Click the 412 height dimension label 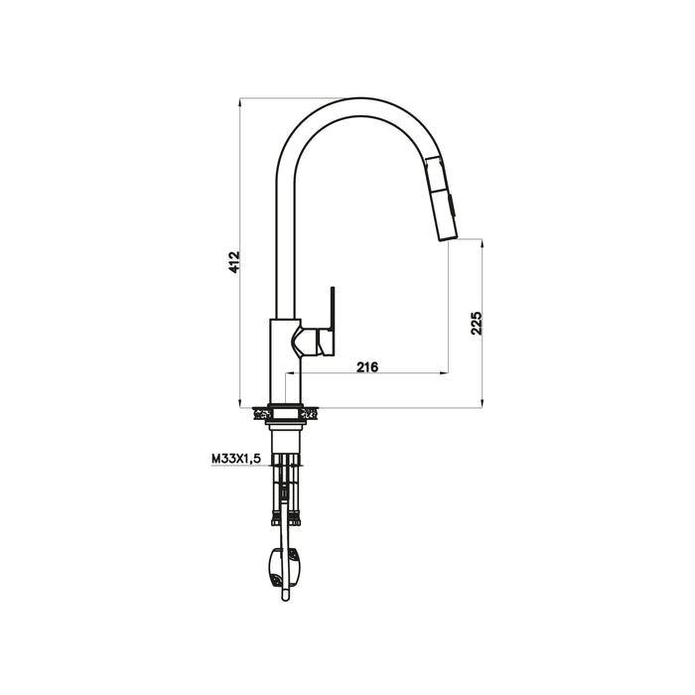(x=235, y=262)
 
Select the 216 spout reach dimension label (x=367, y=367)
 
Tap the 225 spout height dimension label (x=476, y=323)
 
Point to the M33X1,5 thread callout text (x=235, y=459)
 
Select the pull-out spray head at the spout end (x=441, y=199)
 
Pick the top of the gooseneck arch (x=359, y=98)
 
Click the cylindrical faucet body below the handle (x=286, y=362)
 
